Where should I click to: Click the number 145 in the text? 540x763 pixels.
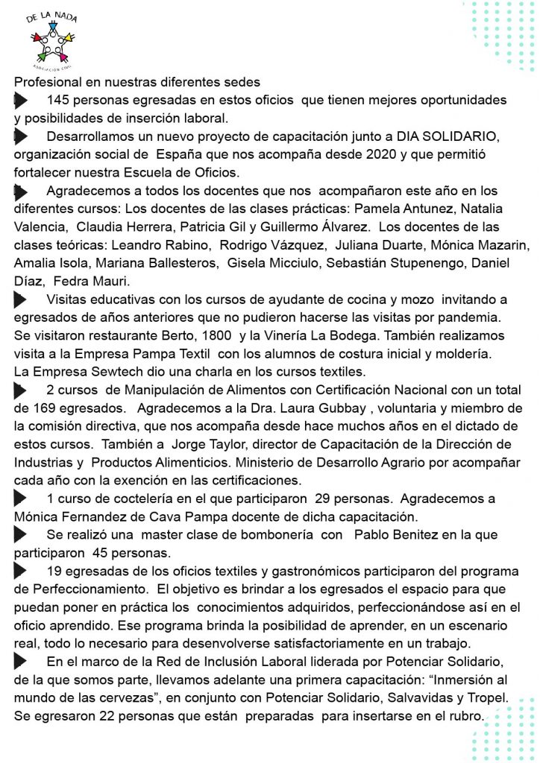(x=59, y=100)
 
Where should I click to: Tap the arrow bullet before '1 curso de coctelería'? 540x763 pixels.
(x=21, y=498)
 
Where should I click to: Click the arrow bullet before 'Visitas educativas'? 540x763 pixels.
(x=21, y=300)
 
